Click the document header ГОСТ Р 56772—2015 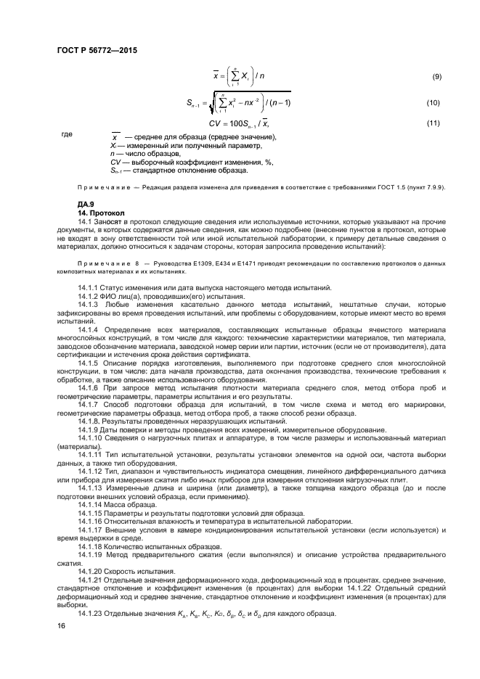(x=96, y=51)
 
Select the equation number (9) (x=436, y=77)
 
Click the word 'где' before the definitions (x=67, y=134)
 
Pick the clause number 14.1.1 (x=91, y=289)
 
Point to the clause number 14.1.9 (x=91, y=429)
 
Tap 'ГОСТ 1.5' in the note (x=387, y=188)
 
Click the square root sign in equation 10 (x=192, y=103)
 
